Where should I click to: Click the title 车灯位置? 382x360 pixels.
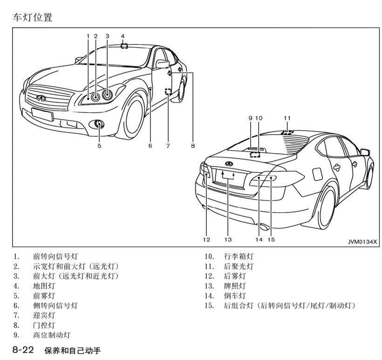32,18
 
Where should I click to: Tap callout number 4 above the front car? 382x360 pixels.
123,36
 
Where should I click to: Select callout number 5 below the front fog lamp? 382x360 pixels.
99,145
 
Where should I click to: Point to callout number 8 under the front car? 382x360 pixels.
192,145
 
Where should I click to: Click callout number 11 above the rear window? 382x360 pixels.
287,118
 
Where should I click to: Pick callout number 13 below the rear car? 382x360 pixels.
227,239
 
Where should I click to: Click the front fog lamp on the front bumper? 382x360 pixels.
99,124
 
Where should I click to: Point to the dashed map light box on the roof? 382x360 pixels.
124,46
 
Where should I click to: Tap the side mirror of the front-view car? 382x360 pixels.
162,64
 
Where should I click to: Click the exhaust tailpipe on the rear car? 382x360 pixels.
264,228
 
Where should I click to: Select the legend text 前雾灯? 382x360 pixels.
44,296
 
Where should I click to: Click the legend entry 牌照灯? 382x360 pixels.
235,286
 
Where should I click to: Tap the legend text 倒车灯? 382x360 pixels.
235,296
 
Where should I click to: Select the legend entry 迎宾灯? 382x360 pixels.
44,315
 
